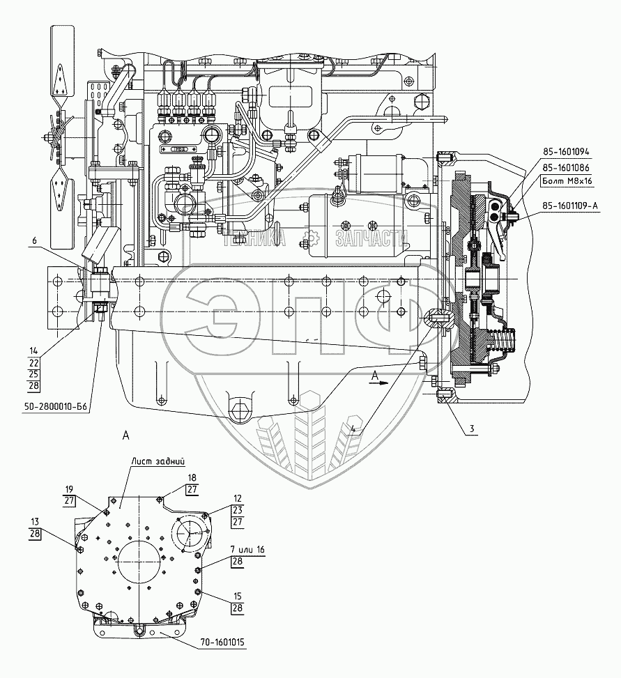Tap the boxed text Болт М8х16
(x=567, y=183)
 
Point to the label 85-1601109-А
(x=573, y=205)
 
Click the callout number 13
(x=34, y=521)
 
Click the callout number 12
(x=238, y=498)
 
